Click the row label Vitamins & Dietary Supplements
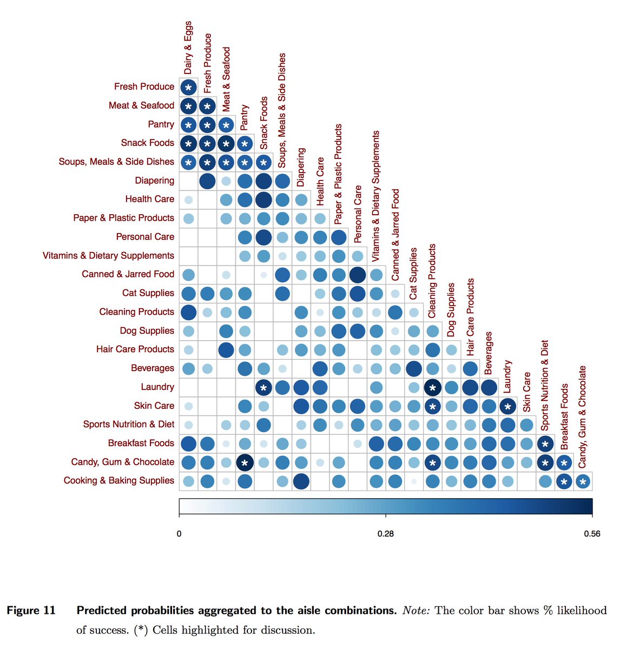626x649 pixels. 108,255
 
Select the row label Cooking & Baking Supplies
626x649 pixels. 118,480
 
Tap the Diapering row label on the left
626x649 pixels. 154,181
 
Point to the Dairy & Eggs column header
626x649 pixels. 188,48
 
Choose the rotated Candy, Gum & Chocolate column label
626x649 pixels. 582,416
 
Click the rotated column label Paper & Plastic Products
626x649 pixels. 338,174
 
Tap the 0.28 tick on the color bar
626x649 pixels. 385,534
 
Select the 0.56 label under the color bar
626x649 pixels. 592,534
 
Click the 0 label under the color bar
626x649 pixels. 179,534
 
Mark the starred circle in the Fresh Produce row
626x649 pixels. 188,87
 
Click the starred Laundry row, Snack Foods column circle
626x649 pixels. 263,387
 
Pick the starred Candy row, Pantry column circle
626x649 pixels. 245,462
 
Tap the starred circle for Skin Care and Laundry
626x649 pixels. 507,406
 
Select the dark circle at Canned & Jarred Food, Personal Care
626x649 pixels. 357,275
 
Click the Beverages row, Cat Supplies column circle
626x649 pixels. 413,368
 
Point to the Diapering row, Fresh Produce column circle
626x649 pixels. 207,181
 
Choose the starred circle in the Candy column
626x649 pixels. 582,481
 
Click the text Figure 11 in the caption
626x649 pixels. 31,611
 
